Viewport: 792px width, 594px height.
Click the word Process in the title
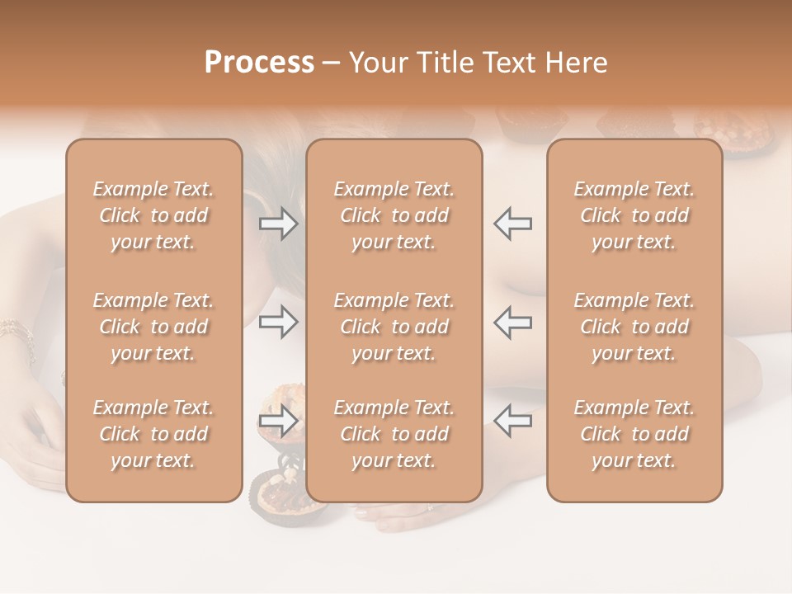pos(259,63)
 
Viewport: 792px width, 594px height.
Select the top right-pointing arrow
pos(279,224)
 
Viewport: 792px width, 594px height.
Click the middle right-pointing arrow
pos(279,322)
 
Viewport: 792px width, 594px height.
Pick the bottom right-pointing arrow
pos(279,422)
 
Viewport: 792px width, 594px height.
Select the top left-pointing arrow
pos(512,224)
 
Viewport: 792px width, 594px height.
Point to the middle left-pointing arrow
pos(512,322)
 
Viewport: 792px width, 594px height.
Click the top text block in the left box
pos(153,215)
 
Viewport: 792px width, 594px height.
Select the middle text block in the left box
pos(153,327)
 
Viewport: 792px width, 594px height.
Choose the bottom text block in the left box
pos(153,434)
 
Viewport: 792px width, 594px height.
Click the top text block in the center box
pos(394,215)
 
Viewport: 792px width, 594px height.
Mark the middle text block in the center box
pos(394,327)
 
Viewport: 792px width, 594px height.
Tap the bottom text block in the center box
pos(394,434)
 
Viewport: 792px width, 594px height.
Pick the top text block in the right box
pos(634,215)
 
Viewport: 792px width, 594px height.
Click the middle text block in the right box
pos(634,327)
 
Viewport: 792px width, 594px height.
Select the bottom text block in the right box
pos(634,434)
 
